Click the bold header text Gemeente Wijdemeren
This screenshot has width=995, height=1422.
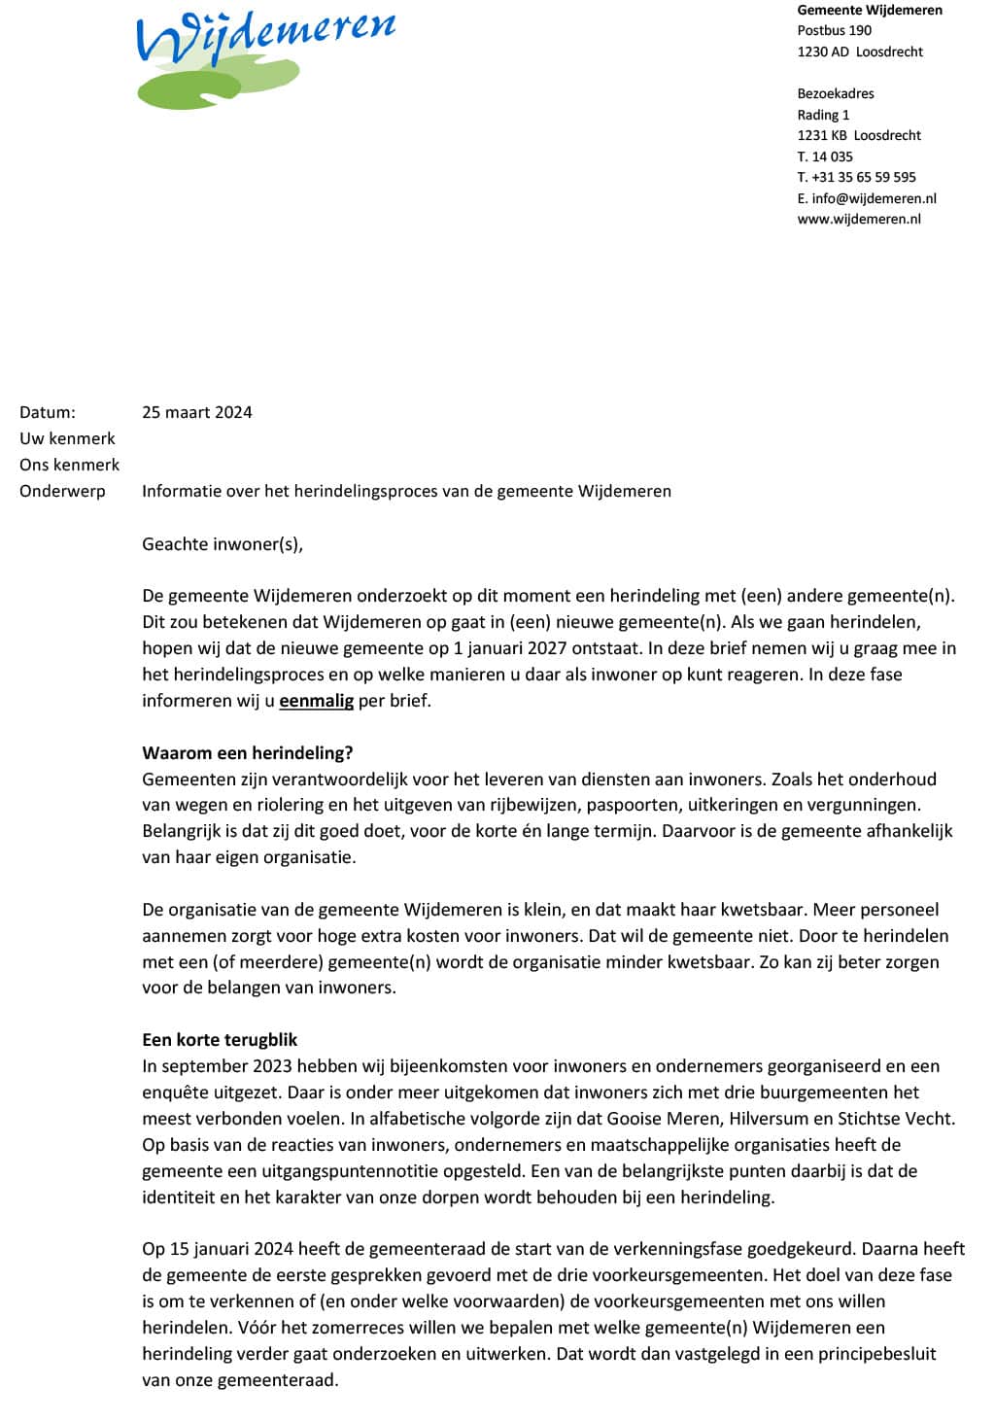(x=870, y=10)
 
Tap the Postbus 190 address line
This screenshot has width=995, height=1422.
(x=835, y=30)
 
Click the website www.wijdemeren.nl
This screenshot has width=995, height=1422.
(x=859, y=219)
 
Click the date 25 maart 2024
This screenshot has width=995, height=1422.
(x=197, y=412)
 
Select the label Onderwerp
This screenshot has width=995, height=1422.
(x=62, y=491)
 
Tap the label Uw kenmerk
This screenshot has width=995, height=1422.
(x=67, y=438)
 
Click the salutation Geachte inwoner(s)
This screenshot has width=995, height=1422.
(x=223, y=543)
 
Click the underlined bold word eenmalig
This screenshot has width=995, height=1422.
(x=316, y=700)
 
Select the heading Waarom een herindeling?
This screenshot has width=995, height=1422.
(x=248, y=752)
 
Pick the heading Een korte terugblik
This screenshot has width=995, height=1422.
(x=220, y=1039)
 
